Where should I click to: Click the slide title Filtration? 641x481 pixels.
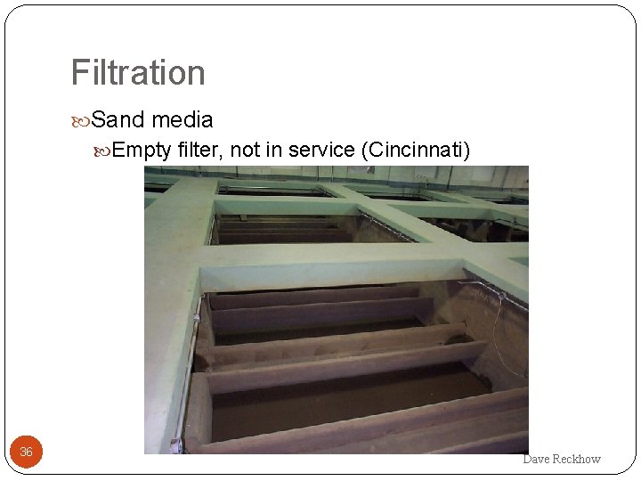pyautogui.click(x=138, y=73)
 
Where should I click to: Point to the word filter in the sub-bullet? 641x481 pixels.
pyautogui.click(x=200, y=150)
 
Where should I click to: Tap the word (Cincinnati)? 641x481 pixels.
pyautogui.click(x=415, y=150)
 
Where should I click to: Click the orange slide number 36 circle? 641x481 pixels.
pyautogui.click(x=26, y=452)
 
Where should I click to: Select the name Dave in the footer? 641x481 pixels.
pyautogui.click(x=537, y=459)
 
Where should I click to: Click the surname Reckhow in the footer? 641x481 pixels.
pyautogui.click(x=577, y=459)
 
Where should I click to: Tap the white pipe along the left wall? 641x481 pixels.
pyautogui.click(x=187, y=374)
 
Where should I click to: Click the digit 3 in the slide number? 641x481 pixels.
pyautogui.click(x=23, y=452)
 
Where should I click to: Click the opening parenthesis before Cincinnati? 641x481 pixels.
pyautogui.click(x=364, y=150)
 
